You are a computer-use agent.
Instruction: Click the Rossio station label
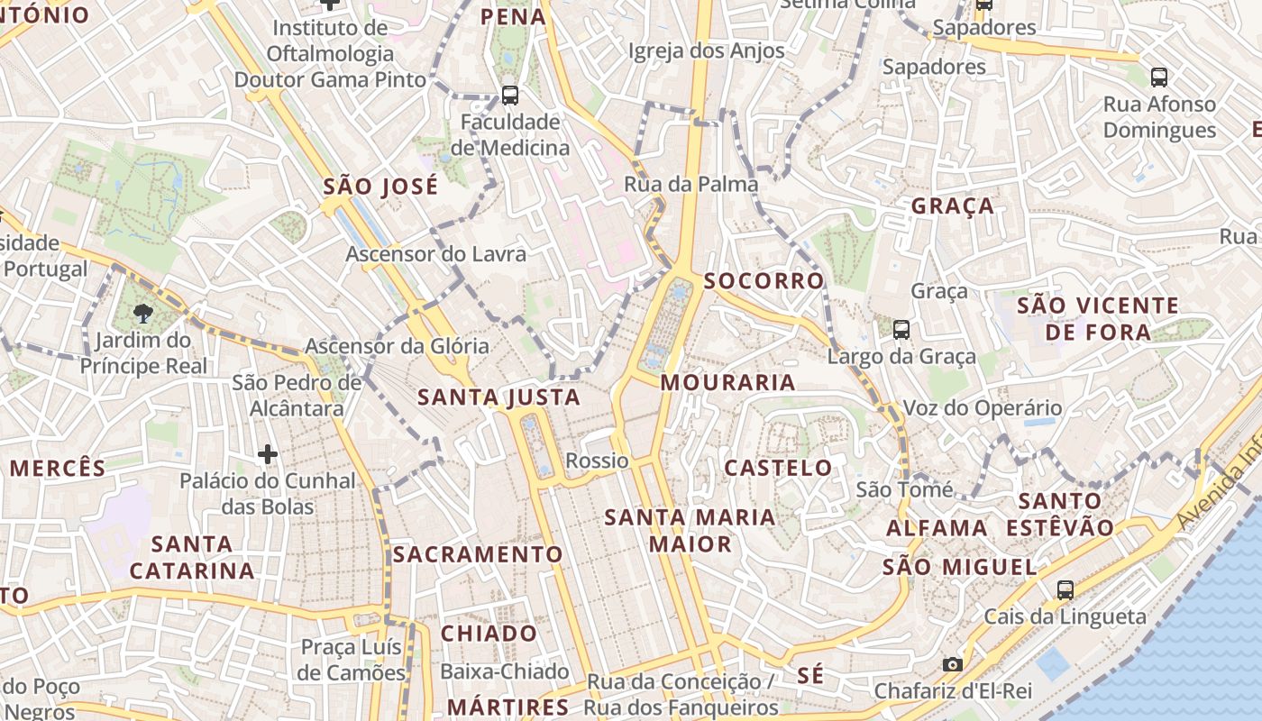pos(597,461)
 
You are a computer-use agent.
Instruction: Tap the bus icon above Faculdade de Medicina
pos(510,95)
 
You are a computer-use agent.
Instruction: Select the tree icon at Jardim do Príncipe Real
pos(142,313)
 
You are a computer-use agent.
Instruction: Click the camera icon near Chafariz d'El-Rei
pos(952,665)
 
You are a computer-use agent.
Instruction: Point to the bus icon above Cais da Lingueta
pos(1065,590)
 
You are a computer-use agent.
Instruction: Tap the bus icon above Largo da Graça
pos(901,330)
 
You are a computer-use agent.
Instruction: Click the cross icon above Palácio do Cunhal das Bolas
pos(268,454)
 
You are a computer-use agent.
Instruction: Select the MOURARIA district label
pos(728,382)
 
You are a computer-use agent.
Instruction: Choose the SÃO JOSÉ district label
pos(380,187)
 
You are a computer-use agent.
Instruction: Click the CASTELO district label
pos(779,468)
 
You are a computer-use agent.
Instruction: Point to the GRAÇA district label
pos(953,205)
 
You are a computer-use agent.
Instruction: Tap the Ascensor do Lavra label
pos(435,254)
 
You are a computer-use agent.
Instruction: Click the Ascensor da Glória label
pos(397,346)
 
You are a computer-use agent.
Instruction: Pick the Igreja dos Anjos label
pos(706,51)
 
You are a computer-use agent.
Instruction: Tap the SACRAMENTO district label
pos(478,554)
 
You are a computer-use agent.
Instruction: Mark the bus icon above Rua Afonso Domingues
pos(1159,78)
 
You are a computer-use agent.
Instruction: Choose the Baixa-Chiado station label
pos(505,672)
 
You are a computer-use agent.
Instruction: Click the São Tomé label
pos(904,490)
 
